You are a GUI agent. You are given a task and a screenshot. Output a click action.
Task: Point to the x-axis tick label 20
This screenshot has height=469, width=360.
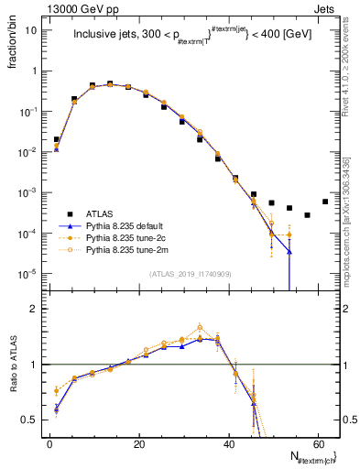click(138, 444)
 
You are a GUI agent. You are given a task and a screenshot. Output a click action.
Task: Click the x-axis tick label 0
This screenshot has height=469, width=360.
click(49, 444)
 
